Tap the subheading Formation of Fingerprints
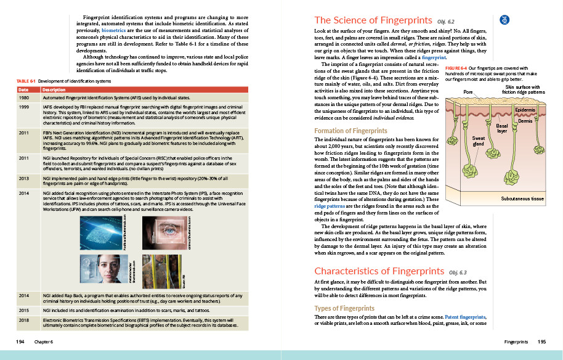(x=351, y=131)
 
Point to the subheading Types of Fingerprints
(x=344, y=308)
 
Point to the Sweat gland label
(x=479, y=141)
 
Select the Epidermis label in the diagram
(x=525, y=110)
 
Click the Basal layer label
(x=502, y=128)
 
